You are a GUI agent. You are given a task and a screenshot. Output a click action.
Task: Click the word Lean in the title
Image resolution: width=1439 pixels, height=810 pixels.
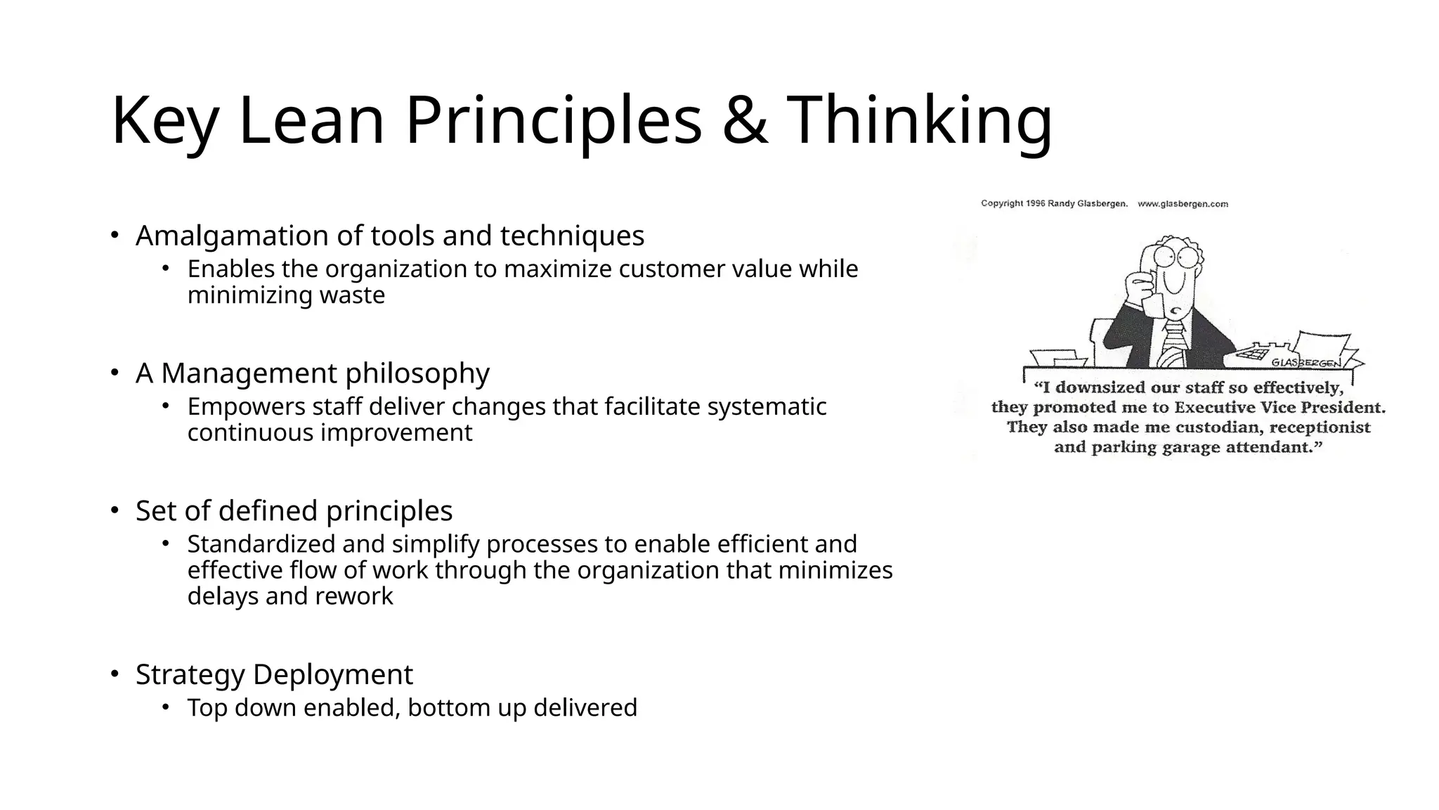coord(311,121)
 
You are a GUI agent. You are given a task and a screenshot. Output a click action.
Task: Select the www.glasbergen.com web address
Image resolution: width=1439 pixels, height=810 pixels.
coord(1183,204)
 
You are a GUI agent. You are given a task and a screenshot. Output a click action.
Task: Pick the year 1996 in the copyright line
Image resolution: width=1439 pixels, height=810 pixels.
coord(1036,204)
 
